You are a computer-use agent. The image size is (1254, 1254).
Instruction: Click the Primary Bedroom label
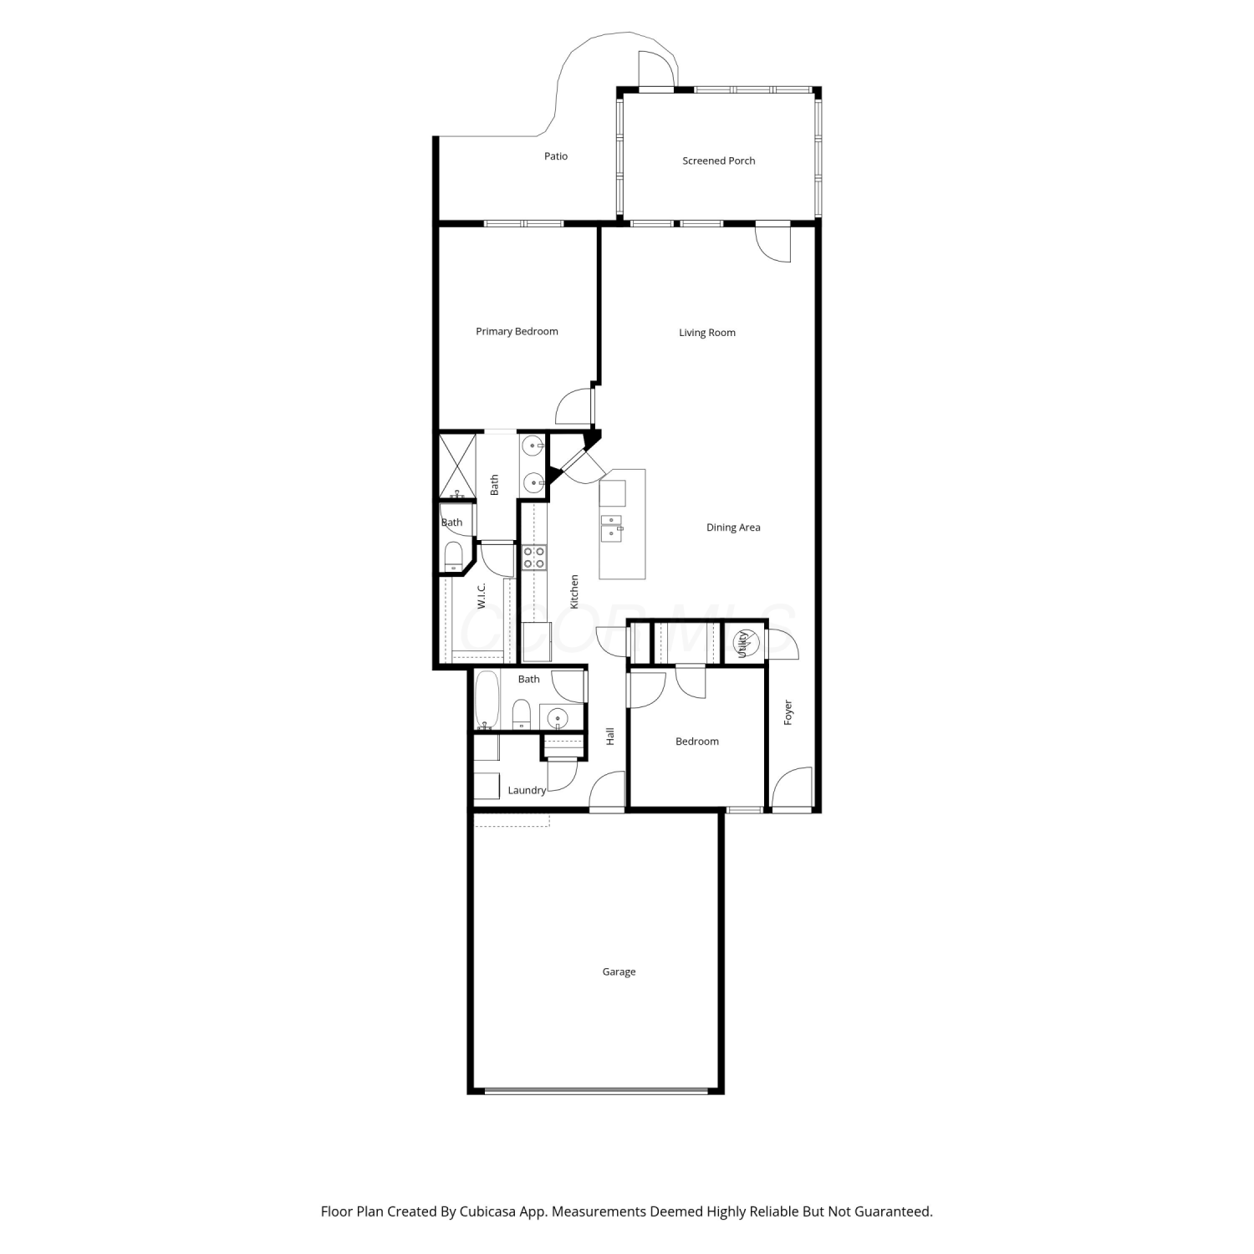tap(517, 331)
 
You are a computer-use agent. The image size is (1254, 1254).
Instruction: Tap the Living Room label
tap(707, 333)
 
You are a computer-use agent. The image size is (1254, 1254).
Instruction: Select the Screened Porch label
tap(719, 161)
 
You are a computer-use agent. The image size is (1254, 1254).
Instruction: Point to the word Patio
tap(556, 156)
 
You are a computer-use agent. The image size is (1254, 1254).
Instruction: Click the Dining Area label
tap(733, 528)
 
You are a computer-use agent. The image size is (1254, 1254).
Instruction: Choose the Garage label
tap(619, 971)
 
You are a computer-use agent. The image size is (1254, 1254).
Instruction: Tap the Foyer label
tap(788, 712)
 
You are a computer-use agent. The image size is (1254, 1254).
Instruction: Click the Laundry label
tap(527, 790)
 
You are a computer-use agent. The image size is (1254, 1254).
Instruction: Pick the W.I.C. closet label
tap(482, 596)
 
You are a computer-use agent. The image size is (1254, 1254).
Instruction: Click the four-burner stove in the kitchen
tap(534, 557)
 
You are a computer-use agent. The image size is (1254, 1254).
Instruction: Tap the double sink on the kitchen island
tap(612, 529)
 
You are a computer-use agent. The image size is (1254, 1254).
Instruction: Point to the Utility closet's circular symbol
tap(744, 642)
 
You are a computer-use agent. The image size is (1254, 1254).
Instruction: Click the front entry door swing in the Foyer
tap(791, 788)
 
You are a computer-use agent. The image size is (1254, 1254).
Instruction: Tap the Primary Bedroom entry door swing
tap(575, 406)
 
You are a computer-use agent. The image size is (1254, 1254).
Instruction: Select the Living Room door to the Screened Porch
tap(773, 243)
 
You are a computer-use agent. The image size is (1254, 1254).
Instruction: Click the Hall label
tap(610, 737)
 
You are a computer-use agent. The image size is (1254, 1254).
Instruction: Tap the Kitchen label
tap(574, 591)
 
